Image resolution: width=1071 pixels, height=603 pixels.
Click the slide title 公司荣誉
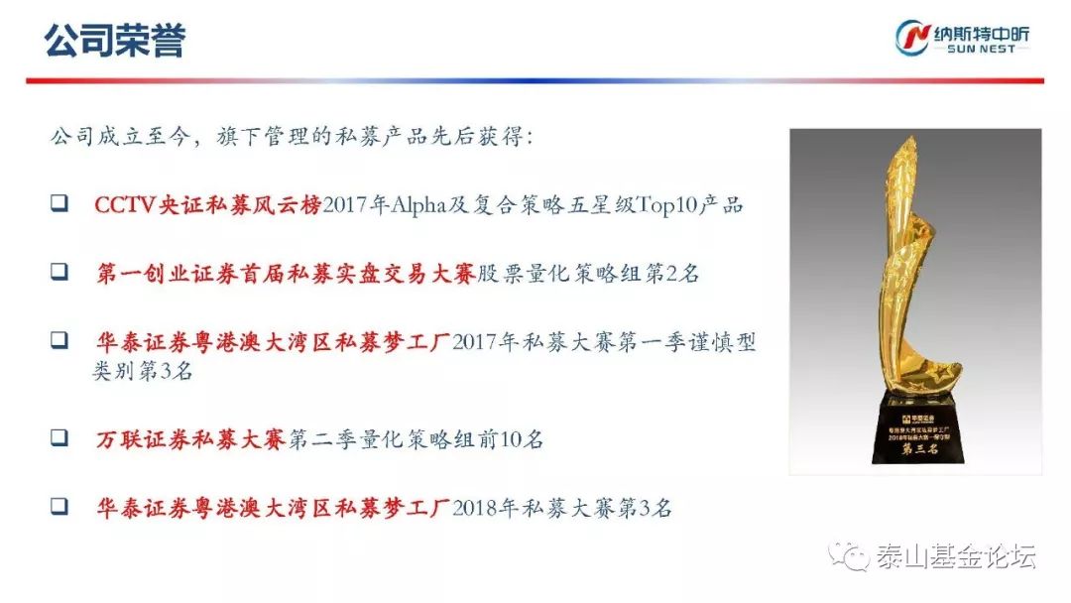tap(115, 42)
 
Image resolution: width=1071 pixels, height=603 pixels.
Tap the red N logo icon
tap(910, 37)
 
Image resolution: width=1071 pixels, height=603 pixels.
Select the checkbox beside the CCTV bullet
tap(59, 204)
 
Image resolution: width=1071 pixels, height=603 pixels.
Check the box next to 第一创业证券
tap(59, 273)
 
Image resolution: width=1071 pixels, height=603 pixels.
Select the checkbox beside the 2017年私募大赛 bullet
tap(59, 341)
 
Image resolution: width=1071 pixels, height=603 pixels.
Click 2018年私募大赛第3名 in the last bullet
tap(562, 507)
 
